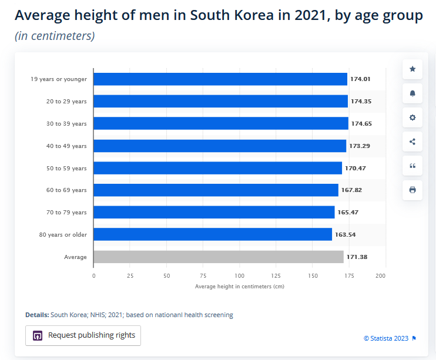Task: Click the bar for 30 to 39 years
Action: (221, 123)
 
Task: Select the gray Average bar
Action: (219, 257)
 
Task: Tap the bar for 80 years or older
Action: (213, 234)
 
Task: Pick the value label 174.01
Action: (360, 79)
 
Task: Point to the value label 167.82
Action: (351, 190)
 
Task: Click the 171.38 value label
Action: (357, 257)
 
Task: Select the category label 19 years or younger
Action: (59, 79)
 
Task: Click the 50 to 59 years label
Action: (66, 168)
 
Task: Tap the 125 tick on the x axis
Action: (276, 276)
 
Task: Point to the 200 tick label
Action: (380, 276)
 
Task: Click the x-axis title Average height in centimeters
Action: (239, 287)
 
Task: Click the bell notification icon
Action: (412, 93)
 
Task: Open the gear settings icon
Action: (412, 117)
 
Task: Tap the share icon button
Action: (412, 142)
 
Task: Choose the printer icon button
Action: (412, 190)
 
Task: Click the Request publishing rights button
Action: (83, 335)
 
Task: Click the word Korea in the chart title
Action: (254, 15)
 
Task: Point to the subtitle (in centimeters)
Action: (55, 36)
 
